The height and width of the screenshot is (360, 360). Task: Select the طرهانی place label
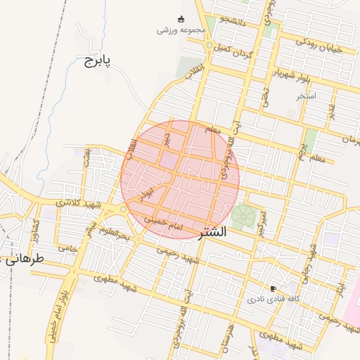coord(22,258)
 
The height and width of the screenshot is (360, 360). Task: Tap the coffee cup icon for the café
coord(274,288)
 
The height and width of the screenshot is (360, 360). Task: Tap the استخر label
coord(307,95)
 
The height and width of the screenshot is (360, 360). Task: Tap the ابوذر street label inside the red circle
coord(145,194)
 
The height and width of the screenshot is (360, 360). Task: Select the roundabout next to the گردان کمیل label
coord(209,46)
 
